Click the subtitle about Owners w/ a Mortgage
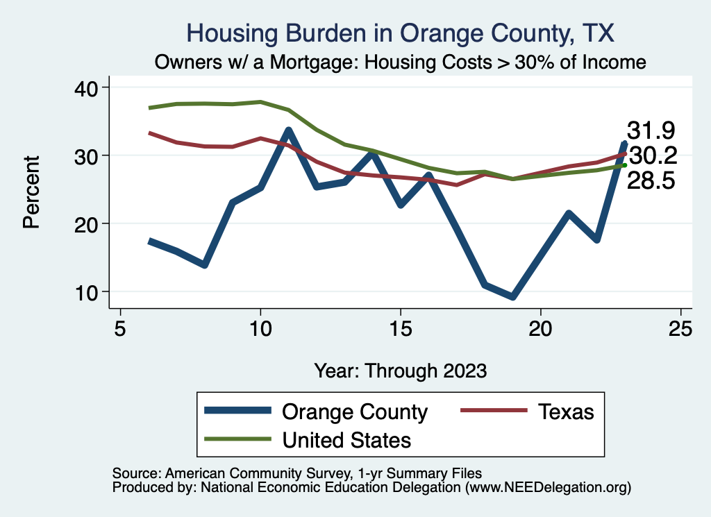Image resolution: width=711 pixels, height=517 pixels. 401,62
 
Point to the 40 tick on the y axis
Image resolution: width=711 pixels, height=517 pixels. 89,87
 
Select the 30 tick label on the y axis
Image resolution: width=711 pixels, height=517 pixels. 89,155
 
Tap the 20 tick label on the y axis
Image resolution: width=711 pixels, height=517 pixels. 89,223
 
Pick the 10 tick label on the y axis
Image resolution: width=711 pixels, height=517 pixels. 89,291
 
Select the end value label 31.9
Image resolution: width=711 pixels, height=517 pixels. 651,130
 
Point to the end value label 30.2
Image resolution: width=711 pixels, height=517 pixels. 651,155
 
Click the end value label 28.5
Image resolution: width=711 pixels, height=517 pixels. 651,181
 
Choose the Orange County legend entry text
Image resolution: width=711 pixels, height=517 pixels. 355,412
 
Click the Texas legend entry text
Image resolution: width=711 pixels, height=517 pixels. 566,412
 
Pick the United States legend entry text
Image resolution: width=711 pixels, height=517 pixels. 346,439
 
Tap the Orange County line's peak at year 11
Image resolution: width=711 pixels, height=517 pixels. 288,130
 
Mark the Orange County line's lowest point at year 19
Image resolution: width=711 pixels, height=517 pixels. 512,297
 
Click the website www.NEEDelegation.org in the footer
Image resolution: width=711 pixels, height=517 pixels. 548,488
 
